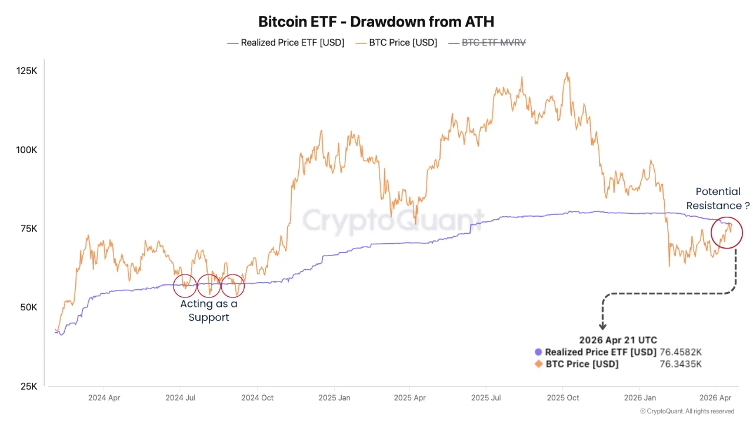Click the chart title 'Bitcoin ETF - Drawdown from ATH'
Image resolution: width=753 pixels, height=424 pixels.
point(376,22)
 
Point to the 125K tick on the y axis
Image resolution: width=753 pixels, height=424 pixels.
point(26,71)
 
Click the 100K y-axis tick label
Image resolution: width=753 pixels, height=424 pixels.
point(26,150)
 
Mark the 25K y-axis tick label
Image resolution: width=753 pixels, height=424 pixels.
point(29,386)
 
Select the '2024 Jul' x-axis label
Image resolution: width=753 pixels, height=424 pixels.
point(181,397)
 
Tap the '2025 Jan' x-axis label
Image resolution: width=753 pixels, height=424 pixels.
point(334,397)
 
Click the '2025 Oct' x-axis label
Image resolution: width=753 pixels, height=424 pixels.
point(563,397)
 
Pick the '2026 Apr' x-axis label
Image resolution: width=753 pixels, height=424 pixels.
point(715,397)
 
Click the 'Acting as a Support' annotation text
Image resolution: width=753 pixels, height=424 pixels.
point(209,310)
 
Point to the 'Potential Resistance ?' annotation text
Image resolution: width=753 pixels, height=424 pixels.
point(718,198)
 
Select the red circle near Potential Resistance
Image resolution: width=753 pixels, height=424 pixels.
point(727,232)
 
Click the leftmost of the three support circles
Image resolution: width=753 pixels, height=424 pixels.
point(185,286)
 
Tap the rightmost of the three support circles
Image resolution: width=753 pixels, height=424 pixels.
point(232,286)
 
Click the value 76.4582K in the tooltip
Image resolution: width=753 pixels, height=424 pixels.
point(681,352)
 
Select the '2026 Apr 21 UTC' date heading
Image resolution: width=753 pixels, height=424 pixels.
point(618,340)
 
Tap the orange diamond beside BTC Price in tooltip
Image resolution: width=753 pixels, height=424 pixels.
point(538,364)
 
